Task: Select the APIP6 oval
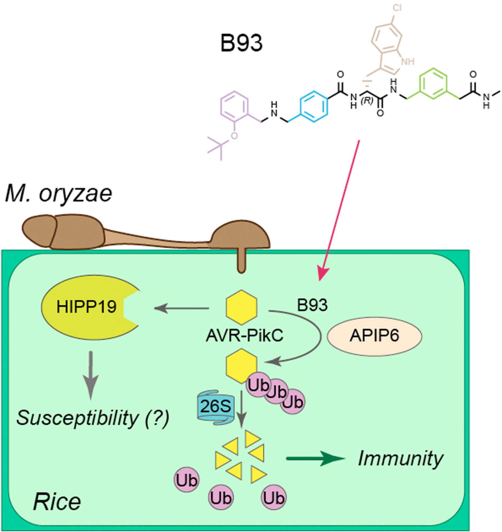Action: [x=374, y=336]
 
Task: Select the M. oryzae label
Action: [x=59, y=194]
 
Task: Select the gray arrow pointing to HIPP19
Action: [x=181, y=308]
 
